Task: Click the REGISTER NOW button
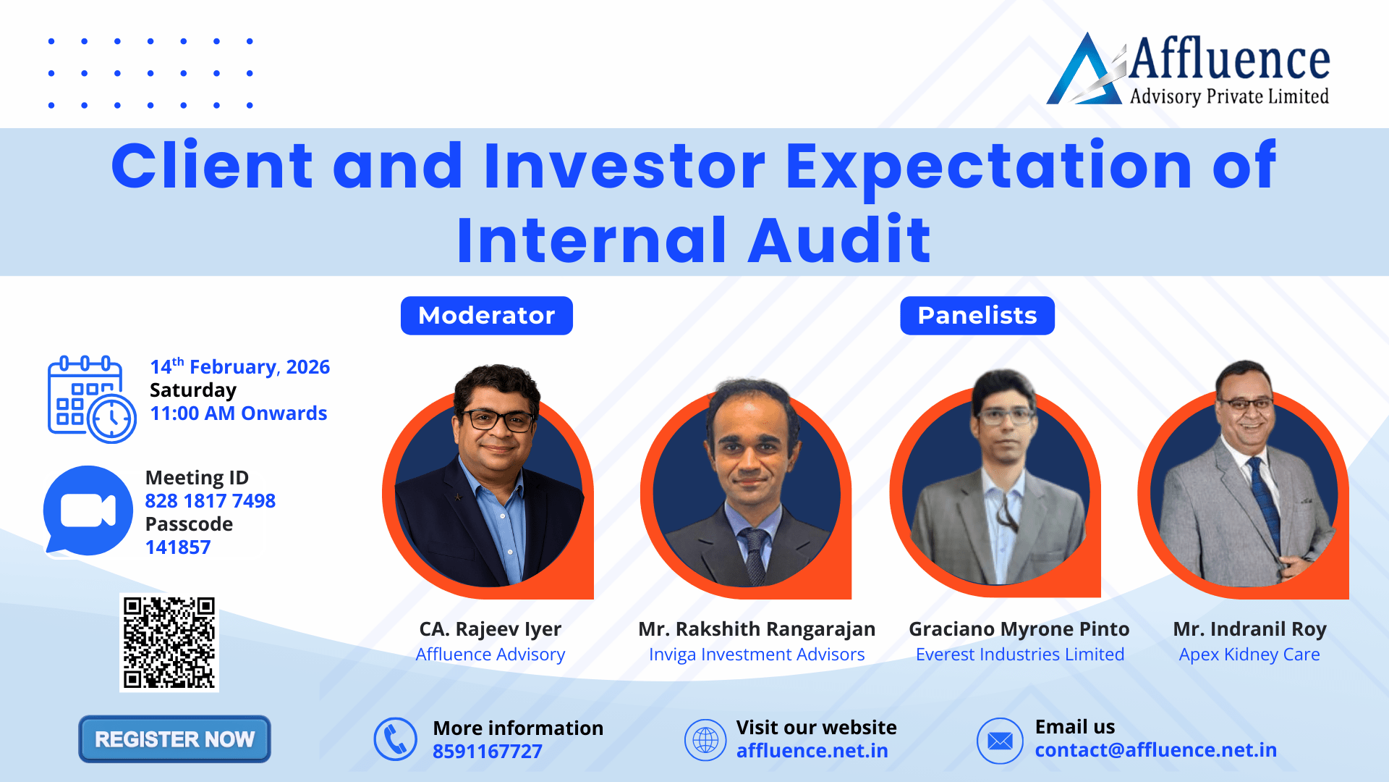pos(174,739)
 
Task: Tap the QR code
pos(169,642)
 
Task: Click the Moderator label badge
pos(487,316)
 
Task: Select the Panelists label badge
pos(977,316)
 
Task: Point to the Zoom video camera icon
pos(88,511)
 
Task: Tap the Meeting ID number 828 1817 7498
pos(211,501)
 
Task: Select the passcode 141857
pos(178,547)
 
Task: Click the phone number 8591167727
pos(488,752)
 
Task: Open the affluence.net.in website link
pos(812,751)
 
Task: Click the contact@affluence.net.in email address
pos(1156,750)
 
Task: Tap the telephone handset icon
pos(396,739)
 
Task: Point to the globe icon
pos(705,740)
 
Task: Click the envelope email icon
pos(1000,741)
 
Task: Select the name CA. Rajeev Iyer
pos(490,629)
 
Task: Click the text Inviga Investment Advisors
pos(757,655)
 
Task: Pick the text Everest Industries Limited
pos(1020,655)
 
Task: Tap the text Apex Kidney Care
pos(1249,655)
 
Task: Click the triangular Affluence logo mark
pos(1085,70)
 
